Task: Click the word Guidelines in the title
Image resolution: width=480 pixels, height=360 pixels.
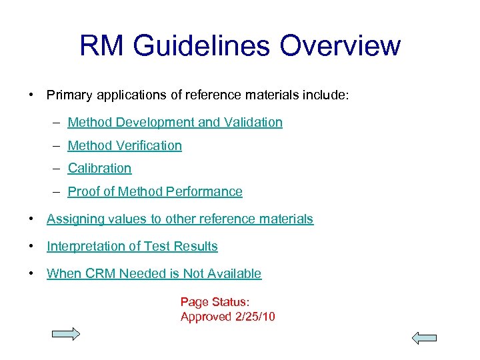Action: (205, 46)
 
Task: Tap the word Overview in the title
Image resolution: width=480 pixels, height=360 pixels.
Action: (341, 46)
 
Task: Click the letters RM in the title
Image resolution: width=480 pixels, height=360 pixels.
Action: (102, 46)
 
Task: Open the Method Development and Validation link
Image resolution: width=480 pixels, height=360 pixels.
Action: (175, 123)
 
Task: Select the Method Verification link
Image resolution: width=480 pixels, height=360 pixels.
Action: (125, 145)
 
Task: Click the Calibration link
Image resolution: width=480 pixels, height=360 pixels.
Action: (99, 169)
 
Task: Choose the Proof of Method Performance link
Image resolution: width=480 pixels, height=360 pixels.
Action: (155, 192)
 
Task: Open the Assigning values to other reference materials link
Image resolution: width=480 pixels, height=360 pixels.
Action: (179, 219)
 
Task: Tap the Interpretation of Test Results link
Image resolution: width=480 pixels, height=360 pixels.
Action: (132, 247)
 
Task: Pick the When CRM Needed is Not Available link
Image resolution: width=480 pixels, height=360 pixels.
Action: (153, 274)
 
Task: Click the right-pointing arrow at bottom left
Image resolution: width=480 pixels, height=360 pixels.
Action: (66, 334)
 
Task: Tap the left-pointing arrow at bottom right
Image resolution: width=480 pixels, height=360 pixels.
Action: (423, 337)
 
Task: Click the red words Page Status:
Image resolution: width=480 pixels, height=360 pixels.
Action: (215, 303)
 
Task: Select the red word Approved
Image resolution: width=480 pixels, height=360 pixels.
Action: (206, 317)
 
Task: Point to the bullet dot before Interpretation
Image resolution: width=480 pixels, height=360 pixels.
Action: (31, 247)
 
